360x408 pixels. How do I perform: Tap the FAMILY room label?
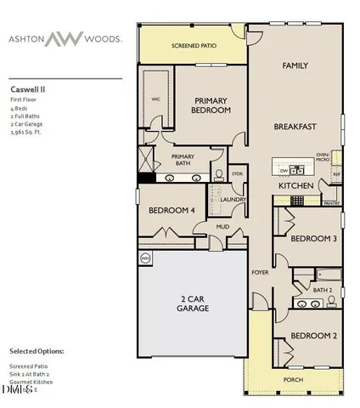[295, 65]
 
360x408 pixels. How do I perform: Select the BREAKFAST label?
[295, 127]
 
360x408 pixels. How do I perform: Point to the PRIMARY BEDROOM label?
[211, 105]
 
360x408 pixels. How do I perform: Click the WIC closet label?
[155, 99]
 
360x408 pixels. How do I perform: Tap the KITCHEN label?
[296, 185]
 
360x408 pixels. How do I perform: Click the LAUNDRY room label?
[233, 201]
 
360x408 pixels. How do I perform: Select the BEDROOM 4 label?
[172, 210]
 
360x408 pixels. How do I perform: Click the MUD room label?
[222, 227]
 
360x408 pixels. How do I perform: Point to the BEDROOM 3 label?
[313, 239]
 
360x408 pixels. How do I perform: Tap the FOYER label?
[260, 272]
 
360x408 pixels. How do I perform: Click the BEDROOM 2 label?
[313, 335]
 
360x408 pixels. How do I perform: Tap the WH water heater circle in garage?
[145, 258]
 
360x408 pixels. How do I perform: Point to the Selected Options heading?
[36, 350]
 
